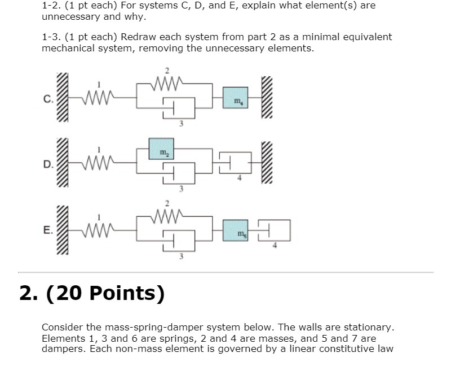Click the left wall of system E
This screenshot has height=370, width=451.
coord(63,230)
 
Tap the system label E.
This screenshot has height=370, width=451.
coord(47,230)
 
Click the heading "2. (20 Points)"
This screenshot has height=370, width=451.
coord(92,293)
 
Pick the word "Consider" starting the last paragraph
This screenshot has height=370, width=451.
coord(63,328)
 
